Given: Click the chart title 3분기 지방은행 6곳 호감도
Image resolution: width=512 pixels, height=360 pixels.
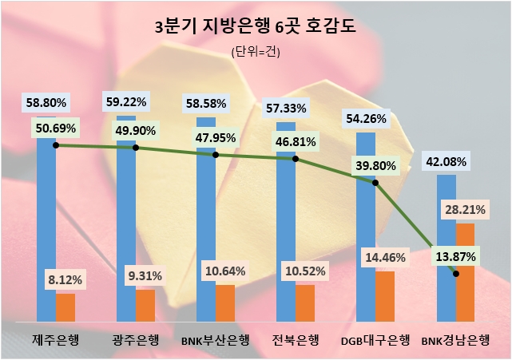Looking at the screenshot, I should (256, 27).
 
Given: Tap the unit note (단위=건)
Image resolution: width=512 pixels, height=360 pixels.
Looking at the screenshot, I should (256, 52).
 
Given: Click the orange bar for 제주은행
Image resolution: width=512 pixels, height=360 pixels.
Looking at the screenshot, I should (65, 307).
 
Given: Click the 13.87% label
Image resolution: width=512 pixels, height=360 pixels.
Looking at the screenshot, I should (456, 256).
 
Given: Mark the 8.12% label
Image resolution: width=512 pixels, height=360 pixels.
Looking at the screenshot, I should (65, 280).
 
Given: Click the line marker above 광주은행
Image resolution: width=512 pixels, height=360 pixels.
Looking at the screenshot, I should (136, 148).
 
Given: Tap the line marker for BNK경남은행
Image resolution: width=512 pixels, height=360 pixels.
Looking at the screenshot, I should (456, 274).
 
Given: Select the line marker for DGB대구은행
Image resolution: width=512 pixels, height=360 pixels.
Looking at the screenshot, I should (375, 182).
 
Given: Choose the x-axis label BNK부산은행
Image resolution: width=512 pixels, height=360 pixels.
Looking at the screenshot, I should (216, 340).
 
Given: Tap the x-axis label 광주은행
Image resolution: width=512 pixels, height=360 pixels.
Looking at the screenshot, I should (136, 340).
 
